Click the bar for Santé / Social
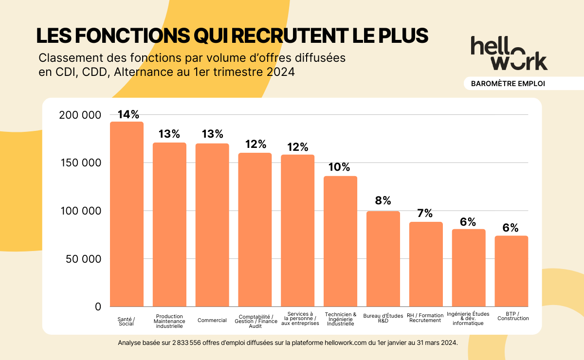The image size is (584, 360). coord(127,214)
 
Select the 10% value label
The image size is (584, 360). coord(339,167)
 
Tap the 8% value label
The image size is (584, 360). coord(383,201)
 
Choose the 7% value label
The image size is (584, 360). coord(425,213)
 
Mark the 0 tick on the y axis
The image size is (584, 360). coord(98,307)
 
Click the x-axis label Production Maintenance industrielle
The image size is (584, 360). coord(169,321)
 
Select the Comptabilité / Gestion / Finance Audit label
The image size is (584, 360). coord(255,321)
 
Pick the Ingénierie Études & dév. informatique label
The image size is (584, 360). coord(468,319)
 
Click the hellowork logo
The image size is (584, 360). coord(509,53)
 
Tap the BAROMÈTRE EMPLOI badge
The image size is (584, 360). coord(508,84)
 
